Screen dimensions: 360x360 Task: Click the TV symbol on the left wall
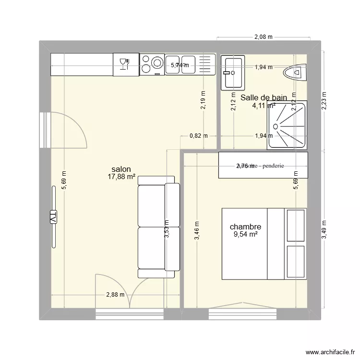pyautogui.click(x=53, y=217)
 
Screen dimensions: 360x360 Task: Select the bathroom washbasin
pyautogui.click(x=233, y=72)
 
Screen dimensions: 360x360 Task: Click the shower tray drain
pyautogui.click(x=276, y=127)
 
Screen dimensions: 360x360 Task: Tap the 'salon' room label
pyautogui.click(x=121, y=169)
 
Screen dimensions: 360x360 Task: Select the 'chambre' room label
pyautogui.click(x=245, y=227)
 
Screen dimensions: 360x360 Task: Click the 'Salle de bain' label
pyautogui.click(x=264, y=97)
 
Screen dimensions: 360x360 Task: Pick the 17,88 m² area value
pyautogui.click(x=121, y=177)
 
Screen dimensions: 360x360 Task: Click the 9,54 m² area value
pyautogui.click(x=246, y=234)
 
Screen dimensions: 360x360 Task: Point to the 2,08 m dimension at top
pyautogui.click(x=263, y=36)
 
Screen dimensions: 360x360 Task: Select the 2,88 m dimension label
pyautogui.click(x=115, y=295)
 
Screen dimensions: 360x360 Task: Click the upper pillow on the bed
pyautogui.click(x=296, y=225)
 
